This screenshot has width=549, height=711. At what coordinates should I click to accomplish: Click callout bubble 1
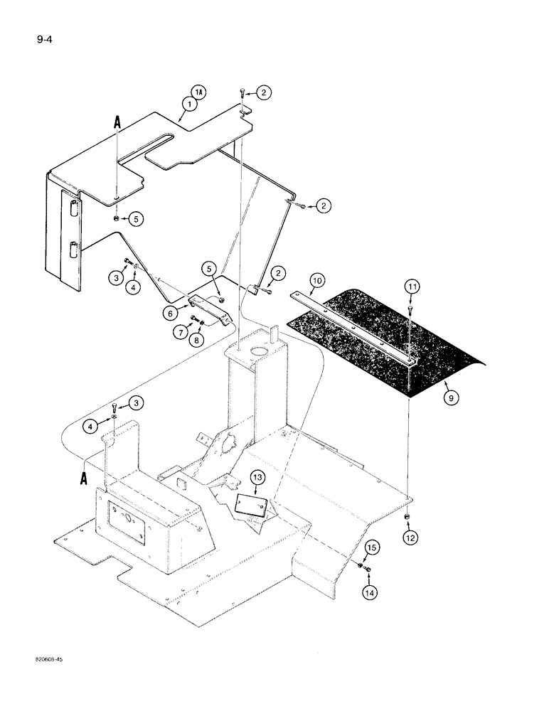click(188, 104)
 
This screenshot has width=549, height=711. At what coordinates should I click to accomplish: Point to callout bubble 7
click(181, 331)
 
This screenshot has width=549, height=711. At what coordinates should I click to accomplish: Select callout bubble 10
click(316, 282)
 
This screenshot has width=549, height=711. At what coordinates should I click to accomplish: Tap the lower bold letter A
click(85, 478)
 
